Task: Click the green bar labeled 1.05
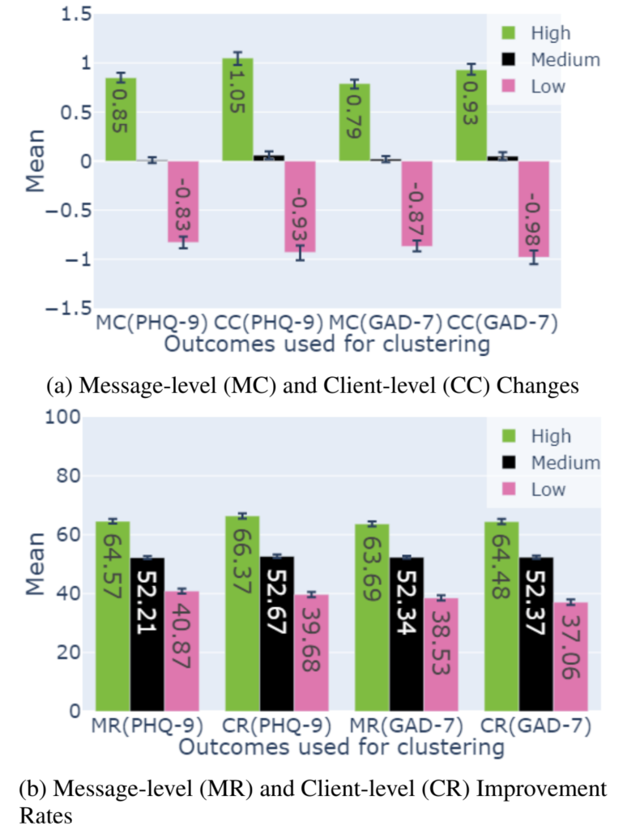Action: tap(237, 109)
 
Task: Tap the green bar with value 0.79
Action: tap(354, 122)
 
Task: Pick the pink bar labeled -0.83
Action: tap(183, 201)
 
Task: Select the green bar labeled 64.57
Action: tap(113, 615)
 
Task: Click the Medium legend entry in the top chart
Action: tap(565, 59)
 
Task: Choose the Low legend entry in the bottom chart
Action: tap(548, 489)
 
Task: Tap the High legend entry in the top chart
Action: tap(550, 33)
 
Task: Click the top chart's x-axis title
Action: tap(326, 344)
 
